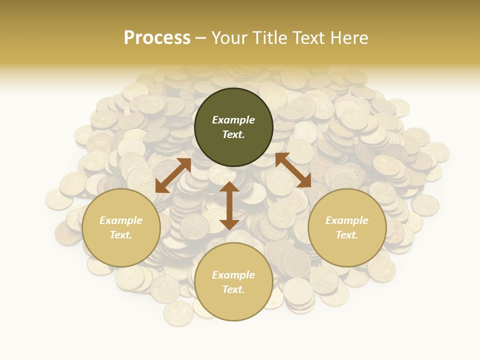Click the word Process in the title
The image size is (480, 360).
click(x=157, y=38)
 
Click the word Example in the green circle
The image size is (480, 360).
click(x=233, y=120)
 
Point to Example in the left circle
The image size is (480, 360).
click(x=121, y=220)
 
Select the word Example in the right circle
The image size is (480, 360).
click(x=347, y=220)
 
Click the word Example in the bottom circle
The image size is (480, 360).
click(x=233, y=275)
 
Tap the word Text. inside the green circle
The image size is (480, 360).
click(x=233, y=135)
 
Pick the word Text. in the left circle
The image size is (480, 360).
click(x=121, y=235)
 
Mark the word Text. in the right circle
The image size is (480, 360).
click(x=347, y=235)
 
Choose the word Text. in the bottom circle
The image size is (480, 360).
click(x=233, y=290)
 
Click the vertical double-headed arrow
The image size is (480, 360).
click(x=229, y=205)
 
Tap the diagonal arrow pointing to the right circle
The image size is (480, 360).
click(x=293, y=170)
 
